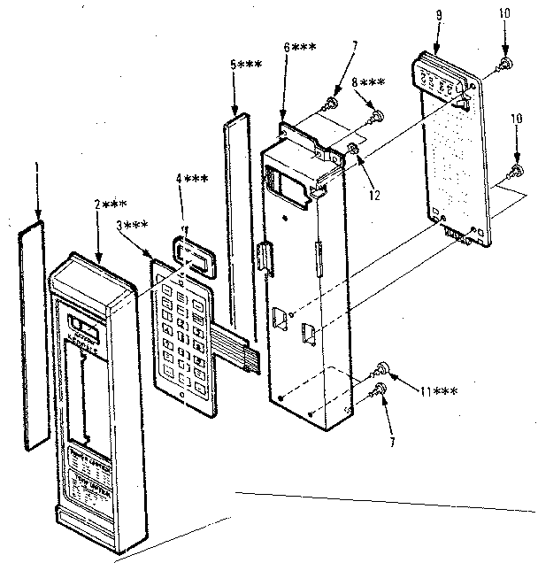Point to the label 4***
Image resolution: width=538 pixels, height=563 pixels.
[x=191, y=179]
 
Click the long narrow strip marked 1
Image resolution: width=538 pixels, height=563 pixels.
[x=35, y=336]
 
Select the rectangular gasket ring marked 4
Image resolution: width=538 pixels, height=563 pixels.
[x=193, y=256]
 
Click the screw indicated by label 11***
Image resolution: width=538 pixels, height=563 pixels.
[x=382, y=369]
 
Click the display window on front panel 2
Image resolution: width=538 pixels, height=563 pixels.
[x=85, y=328]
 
